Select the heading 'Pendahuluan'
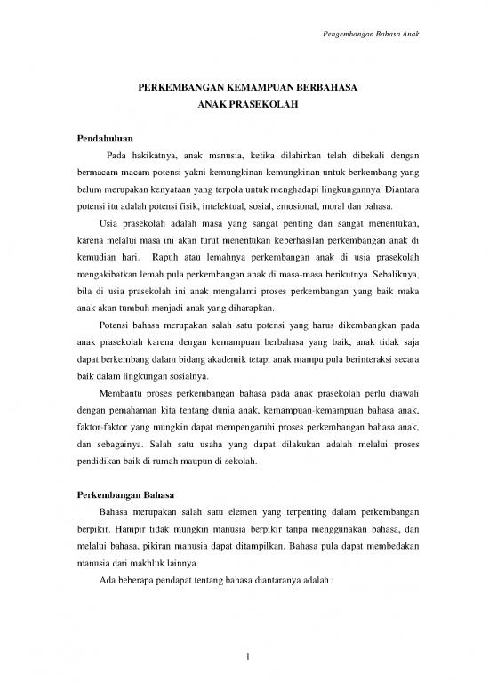pos(104,141)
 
